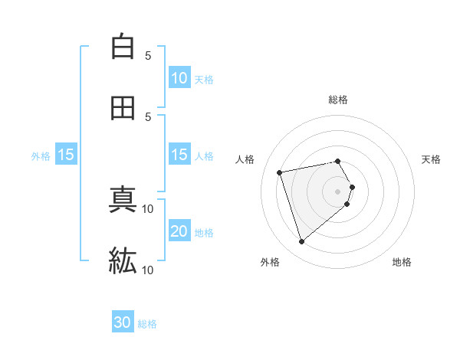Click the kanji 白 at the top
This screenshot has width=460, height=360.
click(122, 47)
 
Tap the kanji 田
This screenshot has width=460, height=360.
click(122, 108)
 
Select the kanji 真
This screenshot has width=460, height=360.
click(122, 201)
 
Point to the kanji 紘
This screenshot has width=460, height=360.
click(122, 260)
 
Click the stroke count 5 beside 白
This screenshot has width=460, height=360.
click(148, 55)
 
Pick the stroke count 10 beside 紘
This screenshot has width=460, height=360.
click(148, 270)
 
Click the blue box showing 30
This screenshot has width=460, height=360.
click(123, 323)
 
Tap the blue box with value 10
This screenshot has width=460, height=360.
click(179, 78)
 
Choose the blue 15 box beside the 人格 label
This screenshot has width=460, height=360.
click(179, 155)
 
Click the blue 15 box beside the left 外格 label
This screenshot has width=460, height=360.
click(66, 155)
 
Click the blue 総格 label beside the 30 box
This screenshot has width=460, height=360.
click(147, 324)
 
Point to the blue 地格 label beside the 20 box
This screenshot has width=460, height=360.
click(204, 233)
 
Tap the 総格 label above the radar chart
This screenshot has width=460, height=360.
click(338, 100)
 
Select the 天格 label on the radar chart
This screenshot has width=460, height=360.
click(432, 159)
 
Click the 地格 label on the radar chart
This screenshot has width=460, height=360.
click(402, 262)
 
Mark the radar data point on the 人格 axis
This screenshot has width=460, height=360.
click(280, 172)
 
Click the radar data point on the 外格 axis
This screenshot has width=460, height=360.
click(301, 242)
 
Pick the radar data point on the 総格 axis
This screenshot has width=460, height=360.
click(338, 161)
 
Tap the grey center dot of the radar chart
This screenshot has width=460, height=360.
click(338, 191)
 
